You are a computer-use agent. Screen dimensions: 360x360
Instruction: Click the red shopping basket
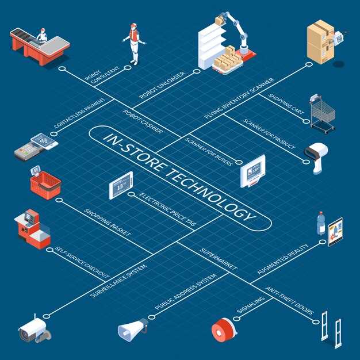[x=45, y=183]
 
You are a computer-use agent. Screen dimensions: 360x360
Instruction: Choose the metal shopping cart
[x=322, y=114]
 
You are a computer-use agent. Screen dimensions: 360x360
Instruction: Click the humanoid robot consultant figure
[x=135, y=44]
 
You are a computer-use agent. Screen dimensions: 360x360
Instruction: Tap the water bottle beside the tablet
[x=321, y=223]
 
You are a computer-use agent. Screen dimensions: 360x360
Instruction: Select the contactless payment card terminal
[x=36, y=147]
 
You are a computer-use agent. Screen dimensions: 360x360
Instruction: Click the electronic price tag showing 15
[x=121, y=185]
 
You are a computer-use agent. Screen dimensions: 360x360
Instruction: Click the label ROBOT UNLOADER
[x=162, y=85]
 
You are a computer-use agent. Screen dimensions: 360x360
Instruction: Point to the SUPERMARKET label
[x=218, y=259]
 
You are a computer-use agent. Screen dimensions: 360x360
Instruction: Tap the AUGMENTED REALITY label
[x=282, y=259]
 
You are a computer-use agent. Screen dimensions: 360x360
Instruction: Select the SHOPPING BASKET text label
[x=107, y=222]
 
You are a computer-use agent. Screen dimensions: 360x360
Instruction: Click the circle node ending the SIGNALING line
[x=236, y=319]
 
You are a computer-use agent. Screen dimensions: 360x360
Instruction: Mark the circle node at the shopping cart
[x=306, y=121]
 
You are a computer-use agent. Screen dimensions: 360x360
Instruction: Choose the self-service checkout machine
[x=32, y=229]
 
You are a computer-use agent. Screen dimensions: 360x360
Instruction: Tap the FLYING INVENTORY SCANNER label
[x=239, y=98]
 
